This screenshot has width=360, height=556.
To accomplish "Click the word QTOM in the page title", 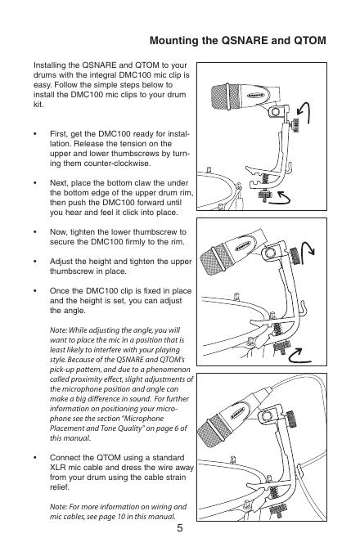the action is [309, 40].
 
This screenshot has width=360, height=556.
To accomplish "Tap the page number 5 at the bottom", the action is [180, 528].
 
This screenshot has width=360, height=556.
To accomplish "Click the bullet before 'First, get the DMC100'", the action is [35, 134].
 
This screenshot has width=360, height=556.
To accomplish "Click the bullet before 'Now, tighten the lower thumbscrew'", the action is [35, 232].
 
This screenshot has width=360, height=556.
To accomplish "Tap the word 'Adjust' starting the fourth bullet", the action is [61, 262].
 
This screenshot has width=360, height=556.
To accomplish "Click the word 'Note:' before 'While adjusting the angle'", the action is [58, 330].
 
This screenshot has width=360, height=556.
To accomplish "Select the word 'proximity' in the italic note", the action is [81, 379].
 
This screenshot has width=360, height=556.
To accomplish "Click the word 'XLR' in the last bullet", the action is [58, 468].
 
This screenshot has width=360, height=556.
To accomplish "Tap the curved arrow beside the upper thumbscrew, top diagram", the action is [304, 112].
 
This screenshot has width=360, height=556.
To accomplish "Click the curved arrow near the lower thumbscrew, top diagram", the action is [280, 199].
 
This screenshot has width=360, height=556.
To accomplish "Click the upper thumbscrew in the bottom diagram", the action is [292, 419].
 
